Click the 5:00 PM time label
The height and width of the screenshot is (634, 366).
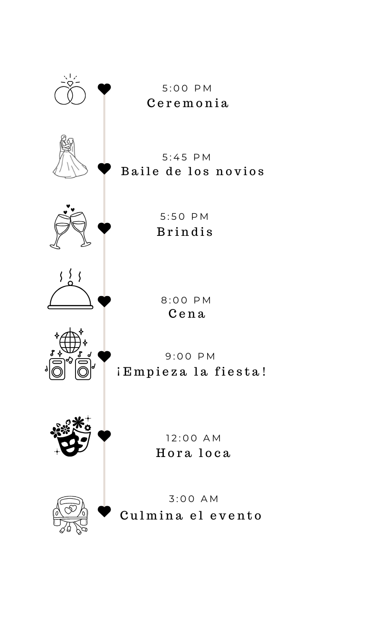coord(187,88)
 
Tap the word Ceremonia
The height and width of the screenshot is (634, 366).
coord(188,103)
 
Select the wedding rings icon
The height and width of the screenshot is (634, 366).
coord(70,89)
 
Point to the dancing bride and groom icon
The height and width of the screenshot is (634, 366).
coord(70,156)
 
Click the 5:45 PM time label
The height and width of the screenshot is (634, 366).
coord(186,157)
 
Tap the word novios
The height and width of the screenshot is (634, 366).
coord(240,171)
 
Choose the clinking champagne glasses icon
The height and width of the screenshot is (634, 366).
coord(70,227)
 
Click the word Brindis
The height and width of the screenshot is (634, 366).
coord(185,232)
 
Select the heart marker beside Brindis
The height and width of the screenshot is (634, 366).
coord(104,228)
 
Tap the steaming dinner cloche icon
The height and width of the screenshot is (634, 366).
coord(70,289)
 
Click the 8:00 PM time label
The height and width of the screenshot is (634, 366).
coord(186,300)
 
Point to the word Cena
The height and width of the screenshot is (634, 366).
coord(186,314)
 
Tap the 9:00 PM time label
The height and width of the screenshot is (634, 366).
coord(190,356)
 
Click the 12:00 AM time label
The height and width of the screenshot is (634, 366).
coord(193,438)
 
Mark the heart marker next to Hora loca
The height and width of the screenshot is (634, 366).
coord(104,436)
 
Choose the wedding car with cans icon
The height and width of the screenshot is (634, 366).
coord(70,515)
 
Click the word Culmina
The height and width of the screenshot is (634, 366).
coord(151,515)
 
